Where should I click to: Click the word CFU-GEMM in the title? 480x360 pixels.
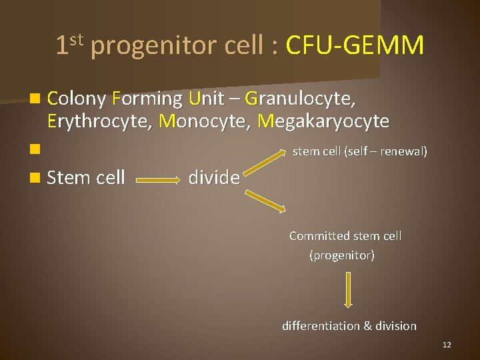click(x=355, y=46)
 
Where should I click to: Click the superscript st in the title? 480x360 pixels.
click(x=77, y=39)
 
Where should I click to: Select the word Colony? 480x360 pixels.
click(x=77, y=99)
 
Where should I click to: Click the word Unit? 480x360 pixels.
click(x=207, y=99)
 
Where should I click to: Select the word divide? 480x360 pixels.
click(x=214, y=177)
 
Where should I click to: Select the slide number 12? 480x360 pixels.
click(x=447, y=345)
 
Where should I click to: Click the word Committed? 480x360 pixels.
click(x=319, y=236)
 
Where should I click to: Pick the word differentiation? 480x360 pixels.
click(x=321, y=326)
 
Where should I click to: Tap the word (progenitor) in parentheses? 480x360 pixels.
click(x=342, y=255)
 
